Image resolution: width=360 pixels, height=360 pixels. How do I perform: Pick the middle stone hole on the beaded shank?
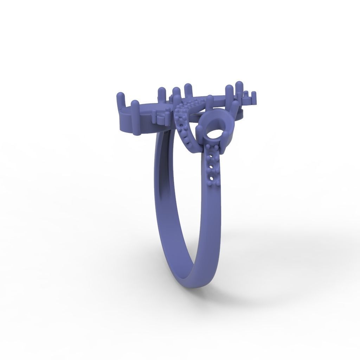212,168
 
